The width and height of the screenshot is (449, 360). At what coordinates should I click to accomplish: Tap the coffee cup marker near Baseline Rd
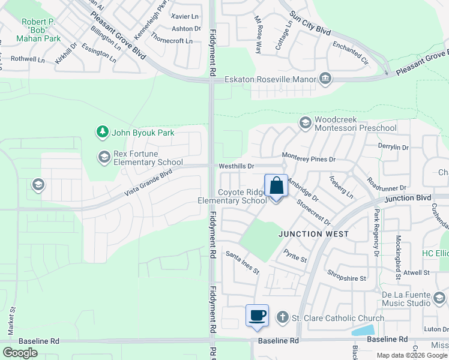click(x=258, y=316)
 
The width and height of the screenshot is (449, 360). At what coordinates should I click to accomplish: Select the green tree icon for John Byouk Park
click(x=103, y=131)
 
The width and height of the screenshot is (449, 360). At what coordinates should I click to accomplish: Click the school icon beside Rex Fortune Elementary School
click(x=104, y=157)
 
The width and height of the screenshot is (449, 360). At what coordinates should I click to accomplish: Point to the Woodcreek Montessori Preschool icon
click(x=305, y=123)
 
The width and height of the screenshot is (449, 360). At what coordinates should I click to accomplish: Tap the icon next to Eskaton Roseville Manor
click(x=325, y=79)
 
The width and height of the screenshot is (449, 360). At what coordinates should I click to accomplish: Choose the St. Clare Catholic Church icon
click(x=282, y=317)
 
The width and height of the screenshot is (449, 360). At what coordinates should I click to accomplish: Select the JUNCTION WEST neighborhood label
click(x=313, y=234)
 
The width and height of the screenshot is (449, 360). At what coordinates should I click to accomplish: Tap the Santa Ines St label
click(x=242, y=263)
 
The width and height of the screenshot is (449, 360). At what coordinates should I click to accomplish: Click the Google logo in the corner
click(x=20, y=352)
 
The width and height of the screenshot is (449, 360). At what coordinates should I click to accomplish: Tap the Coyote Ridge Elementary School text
click(x=234, y=196)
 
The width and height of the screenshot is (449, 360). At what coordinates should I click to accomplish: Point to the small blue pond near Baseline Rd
click(x=363, y=331)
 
